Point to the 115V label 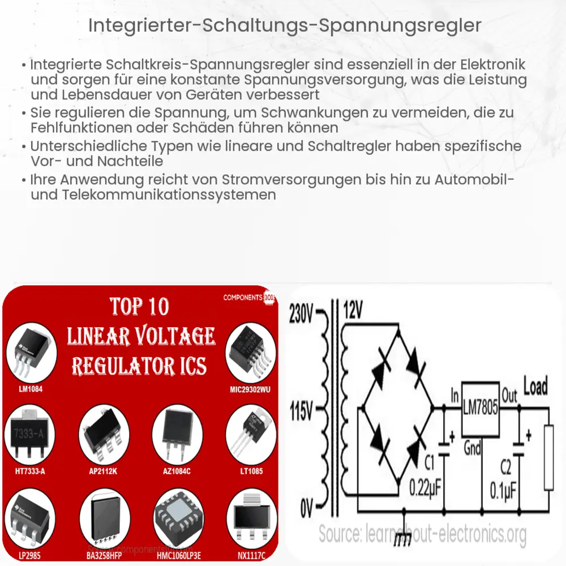[x=302, y=411]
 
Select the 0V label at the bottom [x=306, y=507]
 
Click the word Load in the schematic [x=535, y=387]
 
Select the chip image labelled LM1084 [x=31, y=354]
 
